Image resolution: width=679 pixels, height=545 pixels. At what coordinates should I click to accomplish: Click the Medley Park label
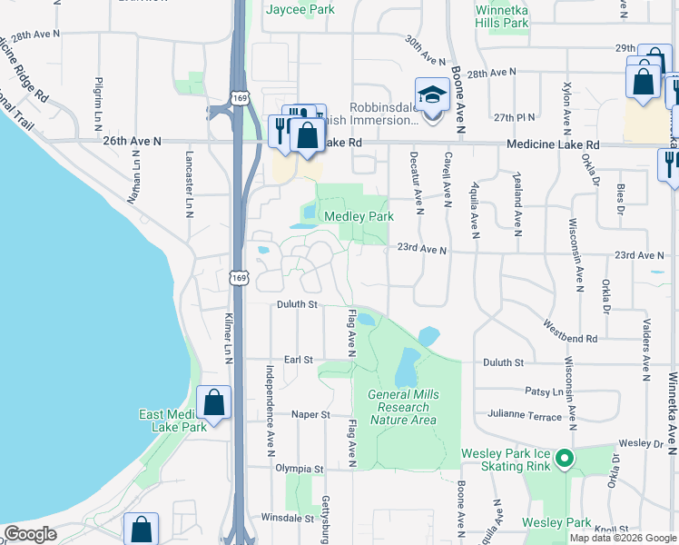pos(359,217)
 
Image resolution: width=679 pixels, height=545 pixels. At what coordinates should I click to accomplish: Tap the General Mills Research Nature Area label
pos(402,407)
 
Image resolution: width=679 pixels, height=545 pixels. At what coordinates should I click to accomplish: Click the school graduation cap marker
pos(431,94)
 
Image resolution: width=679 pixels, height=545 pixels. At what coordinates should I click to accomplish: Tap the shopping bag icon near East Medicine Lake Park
pos(213,402)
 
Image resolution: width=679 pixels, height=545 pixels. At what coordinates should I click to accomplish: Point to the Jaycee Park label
pos(300,10)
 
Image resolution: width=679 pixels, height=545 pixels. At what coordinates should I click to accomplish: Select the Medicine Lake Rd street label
pos(554,144)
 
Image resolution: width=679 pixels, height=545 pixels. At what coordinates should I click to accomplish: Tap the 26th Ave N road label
pos(132,142)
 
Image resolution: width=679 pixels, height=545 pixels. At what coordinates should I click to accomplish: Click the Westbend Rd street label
pos(571,331)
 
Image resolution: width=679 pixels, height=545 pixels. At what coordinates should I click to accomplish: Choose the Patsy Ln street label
pos(544,391)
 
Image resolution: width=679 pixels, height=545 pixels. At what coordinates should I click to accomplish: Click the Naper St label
pos(310,414)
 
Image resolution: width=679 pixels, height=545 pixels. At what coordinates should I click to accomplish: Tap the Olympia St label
pos(300,469)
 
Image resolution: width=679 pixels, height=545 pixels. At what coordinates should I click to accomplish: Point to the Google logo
pos(29,534)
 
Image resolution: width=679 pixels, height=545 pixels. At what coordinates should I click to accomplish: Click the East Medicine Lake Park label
pos(173,421)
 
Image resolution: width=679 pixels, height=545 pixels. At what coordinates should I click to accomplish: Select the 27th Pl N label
pos(516,117)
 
